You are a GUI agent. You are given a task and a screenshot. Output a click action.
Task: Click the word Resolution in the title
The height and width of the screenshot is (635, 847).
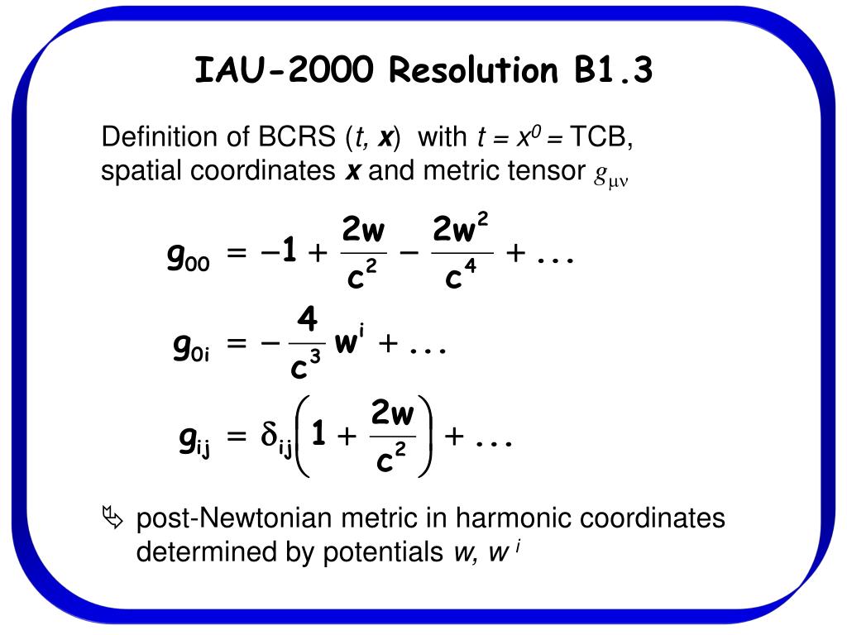click(473, 71)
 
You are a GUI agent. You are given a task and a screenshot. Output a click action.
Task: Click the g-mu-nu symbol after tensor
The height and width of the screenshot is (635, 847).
click(612, 176)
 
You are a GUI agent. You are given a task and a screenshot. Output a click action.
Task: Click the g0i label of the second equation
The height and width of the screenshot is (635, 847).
click(189, 350)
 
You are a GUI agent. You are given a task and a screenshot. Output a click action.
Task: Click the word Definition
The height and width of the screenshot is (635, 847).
click(154, 136)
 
